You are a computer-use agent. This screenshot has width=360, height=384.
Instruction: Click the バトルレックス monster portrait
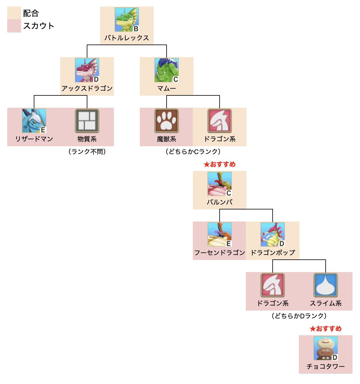pos(127,20)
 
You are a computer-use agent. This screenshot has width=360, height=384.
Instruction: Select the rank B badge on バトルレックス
pos(136,29)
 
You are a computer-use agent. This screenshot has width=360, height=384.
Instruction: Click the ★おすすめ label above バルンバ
pos(220,164)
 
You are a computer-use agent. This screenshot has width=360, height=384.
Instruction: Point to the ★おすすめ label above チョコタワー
pos(326,329)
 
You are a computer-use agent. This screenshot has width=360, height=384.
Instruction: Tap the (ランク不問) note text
pos(87,152)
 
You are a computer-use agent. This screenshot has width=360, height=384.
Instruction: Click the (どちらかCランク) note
pos(193,152)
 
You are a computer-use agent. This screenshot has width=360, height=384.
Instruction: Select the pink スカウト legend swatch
pos(14,26)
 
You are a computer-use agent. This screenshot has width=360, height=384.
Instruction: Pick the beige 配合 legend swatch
pos(14,13)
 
